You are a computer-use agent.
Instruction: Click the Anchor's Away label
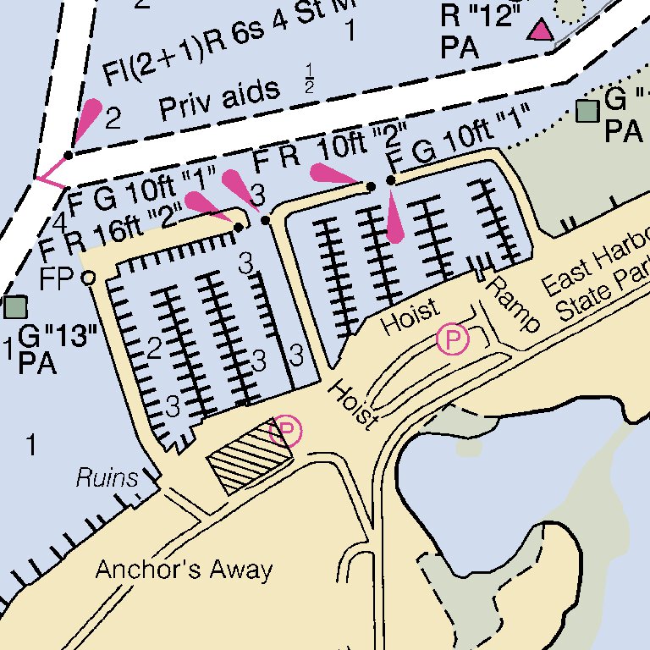click(x=184, y=570)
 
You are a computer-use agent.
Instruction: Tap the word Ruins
click(x=107, y=478)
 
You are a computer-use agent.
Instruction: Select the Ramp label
click(x=512, y=303)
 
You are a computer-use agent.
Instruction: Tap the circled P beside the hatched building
click(x=286, y=432)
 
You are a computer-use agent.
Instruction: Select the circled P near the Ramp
click(x=453, y=340)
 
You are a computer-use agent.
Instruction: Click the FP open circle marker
click(x=87, y=277)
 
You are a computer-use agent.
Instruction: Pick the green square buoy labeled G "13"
click(x=14, y=306)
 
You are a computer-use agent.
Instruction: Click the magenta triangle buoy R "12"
click(x=539, y=31)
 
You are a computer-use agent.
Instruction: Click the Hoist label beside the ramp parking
click(x=410, y=317)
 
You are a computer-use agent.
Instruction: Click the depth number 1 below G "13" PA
click(x=31, y=444)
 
